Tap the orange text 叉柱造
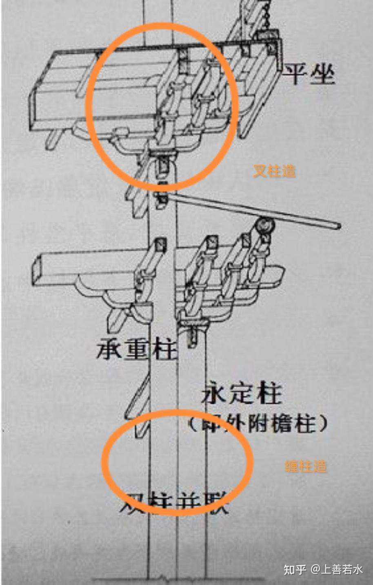point(274,171)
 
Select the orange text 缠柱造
point(306,466)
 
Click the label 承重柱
point(137,350)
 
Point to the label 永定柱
point(242,394)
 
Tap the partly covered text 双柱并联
point(175,503)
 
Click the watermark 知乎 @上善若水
point(323,569)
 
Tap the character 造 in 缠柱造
point(320,466)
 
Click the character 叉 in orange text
point(260,171)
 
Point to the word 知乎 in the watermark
point(295,569)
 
